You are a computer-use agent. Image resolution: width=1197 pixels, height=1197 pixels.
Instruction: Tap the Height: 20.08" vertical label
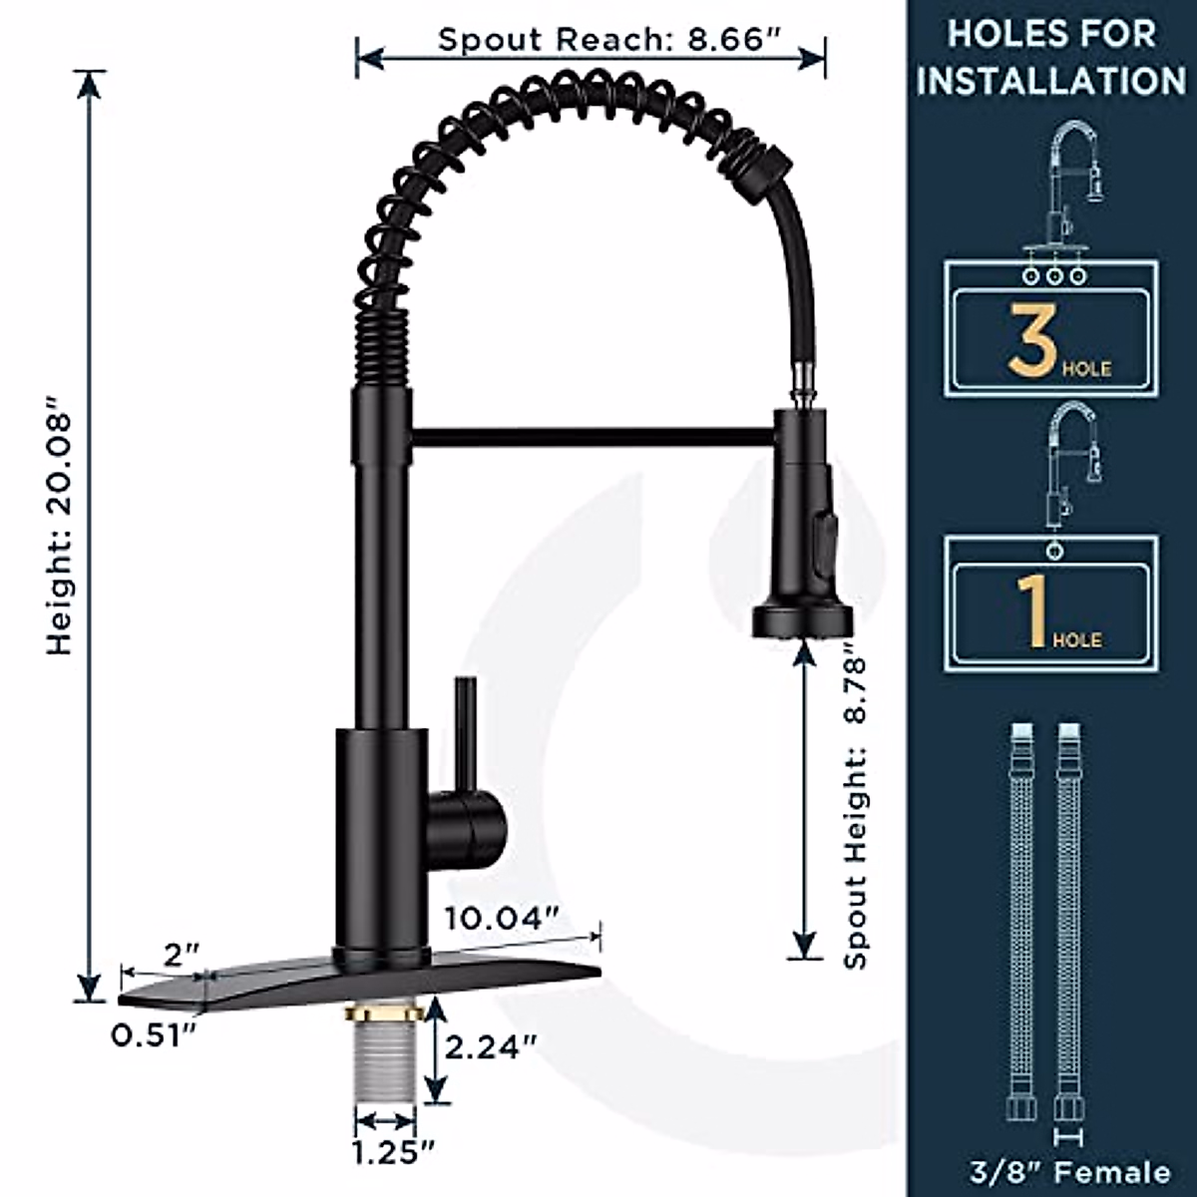tap(60, 526)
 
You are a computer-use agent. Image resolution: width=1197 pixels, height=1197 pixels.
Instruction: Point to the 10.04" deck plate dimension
tap(503, 918)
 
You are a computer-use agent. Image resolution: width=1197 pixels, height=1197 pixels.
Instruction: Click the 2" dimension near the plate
tap(182, 956)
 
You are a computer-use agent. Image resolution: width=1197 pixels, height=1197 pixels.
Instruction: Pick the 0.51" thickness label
tap(154, 1034)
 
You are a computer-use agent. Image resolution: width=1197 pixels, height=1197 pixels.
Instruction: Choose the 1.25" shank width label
tap(394, 1153)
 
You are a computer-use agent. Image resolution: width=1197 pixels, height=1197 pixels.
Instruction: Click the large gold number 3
tap(1031, 339)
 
